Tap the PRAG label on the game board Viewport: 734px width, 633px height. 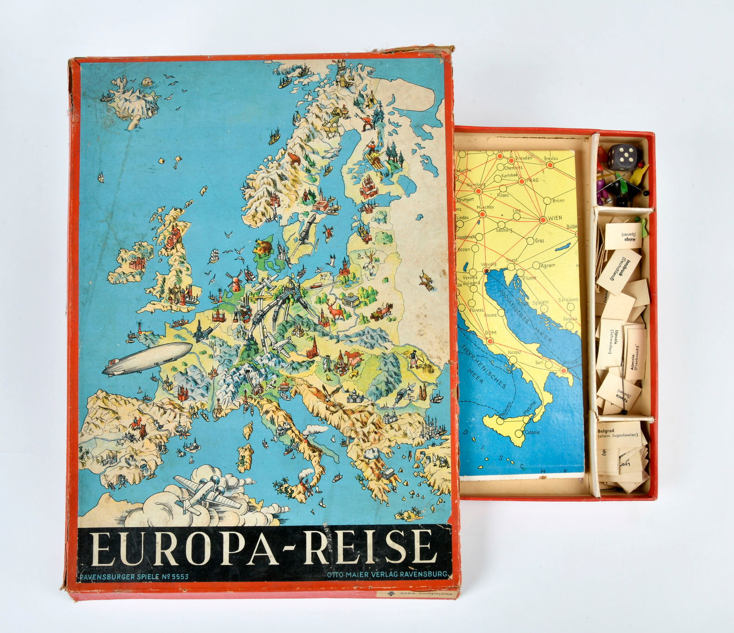coord(532,181)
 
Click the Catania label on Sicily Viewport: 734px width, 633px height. coord(532,432)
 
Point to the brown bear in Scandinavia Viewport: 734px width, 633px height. coord(294,159)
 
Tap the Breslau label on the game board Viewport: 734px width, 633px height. coord(551,159)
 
